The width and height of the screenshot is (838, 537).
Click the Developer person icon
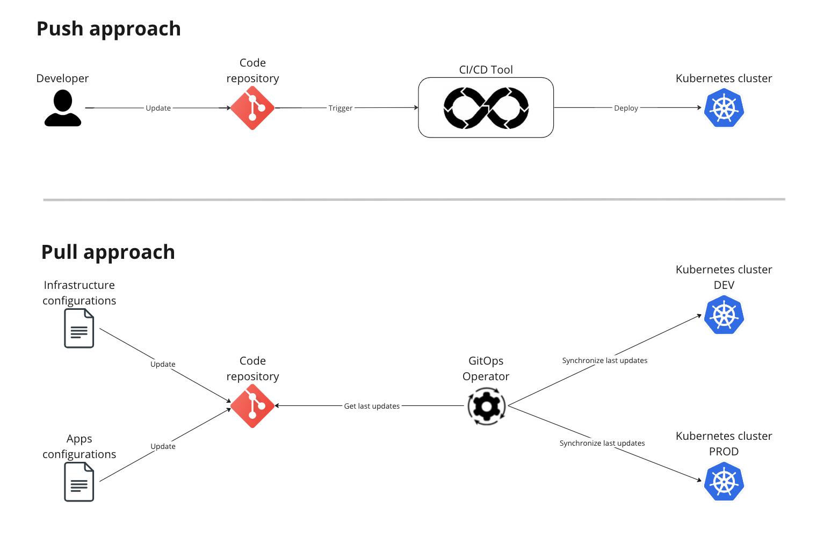point(63,108)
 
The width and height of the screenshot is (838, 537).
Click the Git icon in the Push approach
point(252,108)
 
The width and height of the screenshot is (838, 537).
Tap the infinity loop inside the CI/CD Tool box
point(486,108)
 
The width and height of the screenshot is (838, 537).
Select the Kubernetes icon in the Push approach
point(724,108)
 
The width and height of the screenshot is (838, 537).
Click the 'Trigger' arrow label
point(341,108)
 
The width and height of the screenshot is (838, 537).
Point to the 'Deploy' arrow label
point(626,108)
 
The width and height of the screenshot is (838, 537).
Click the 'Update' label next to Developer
point(158,108)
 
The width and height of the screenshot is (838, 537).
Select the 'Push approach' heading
point(109,29)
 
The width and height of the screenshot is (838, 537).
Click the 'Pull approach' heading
point(108,252)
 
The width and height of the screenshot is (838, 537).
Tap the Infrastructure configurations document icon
point(79,328)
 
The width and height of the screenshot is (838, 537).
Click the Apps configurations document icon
point(79,482)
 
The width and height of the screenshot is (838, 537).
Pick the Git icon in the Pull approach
point(252,406)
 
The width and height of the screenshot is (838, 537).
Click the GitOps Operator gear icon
point(486,407)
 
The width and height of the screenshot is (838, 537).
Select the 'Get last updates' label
point(372,406)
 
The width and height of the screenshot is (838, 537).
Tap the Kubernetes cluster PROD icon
point(724,482)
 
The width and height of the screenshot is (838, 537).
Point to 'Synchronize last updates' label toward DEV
point(604,360)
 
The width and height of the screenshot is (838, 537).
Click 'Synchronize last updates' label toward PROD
point(602,443)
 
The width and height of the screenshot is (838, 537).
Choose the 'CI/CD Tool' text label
point(486,70)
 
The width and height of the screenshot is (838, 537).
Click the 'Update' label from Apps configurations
point(163,446)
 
